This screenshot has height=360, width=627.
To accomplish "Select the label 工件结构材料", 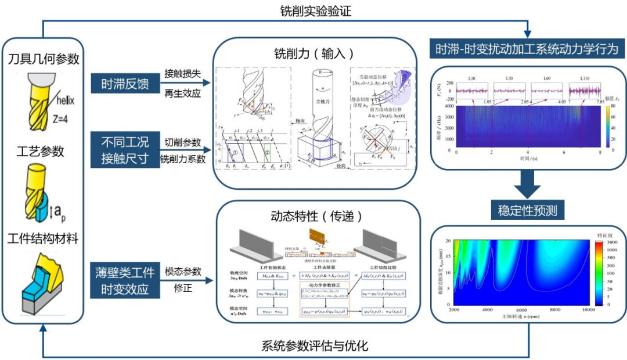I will tap(44, 238).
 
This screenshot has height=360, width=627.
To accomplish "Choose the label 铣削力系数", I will tap(181, 158).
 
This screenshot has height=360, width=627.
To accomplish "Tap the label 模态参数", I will tap(182, 271).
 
